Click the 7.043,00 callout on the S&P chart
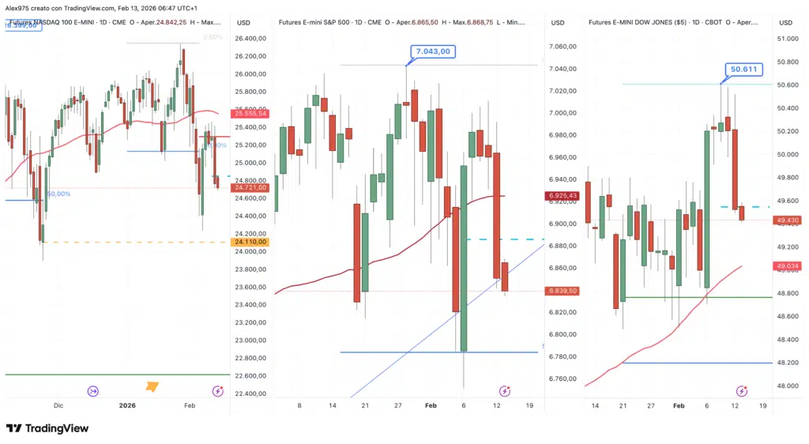(433, 51)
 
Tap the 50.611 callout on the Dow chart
(741, 70)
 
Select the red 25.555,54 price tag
(250, 114)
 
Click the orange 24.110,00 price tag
(250, 242)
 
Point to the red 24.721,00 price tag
(250, 187)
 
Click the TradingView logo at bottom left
(47, 428)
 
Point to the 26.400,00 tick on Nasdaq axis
(250, 39)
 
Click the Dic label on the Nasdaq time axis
(58, 404)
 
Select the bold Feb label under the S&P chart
(431, 404)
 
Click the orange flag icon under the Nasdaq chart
(152, 386)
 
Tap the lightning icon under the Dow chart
(742, 391)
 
